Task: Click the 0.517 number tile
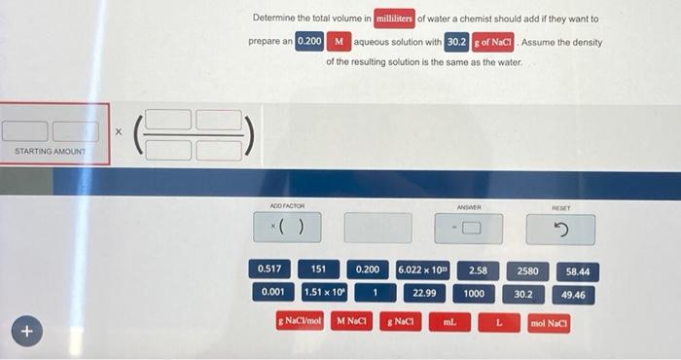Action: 269,269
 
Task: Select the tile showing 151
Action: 318,269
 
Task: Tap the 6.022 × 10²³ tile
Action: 423,269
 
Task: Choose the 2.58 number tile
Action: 478,270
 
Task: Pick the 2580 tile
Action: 528,270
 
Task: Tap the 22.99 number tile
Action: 423,292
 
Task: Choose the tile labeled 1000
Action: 474,293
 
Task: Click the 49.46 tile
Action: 573,293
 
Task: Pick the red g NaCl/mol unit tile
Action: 300,319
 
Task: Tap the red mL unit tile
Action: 449,320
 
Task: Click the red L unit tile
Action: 499,320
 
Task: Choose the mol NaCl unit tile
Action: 549,321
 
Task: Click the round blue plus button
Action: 26,333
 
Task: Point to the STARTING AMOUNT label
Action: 51,152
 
